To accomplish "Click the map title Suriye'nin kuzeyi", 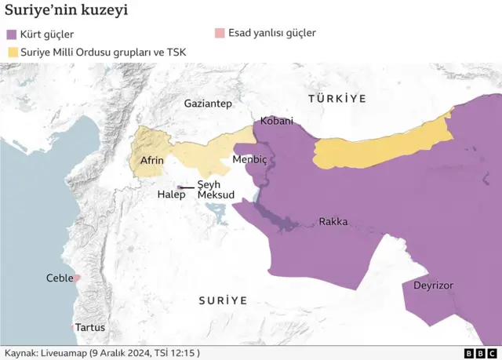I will coord(67,11).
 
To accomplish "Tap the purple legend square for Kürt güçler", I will coord(12,35).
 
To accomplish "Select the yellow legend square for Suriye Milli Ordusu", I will coord(12,53).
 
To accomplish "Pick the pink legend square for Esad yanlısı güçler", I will coord(220,33).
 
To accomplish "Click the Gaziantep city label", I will coord(208,104).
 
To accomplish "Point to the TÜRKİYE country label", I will coord(337,98).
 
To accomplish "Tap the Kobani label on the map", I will coord(276,122).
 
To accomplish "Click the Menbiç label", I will coord(250,159).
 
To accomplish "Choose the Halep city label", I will coord(171,195).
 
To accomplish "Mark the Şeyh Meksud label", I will coord(215,189).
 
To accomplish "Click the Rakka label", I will coord(333,222).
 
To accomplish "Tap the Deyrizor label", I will coord(434,286).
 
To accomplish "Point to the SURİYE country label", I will coord(223,300).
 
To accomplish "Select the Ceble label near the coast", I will coord(59,278).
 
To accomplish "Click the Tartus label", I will coord(90,328).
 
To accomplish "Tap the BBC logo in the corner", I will coord(479,353).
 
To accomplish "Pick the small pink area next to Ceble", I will coord(77,278).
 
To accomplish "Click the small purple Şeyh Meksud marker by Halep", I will coord(182,187).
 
